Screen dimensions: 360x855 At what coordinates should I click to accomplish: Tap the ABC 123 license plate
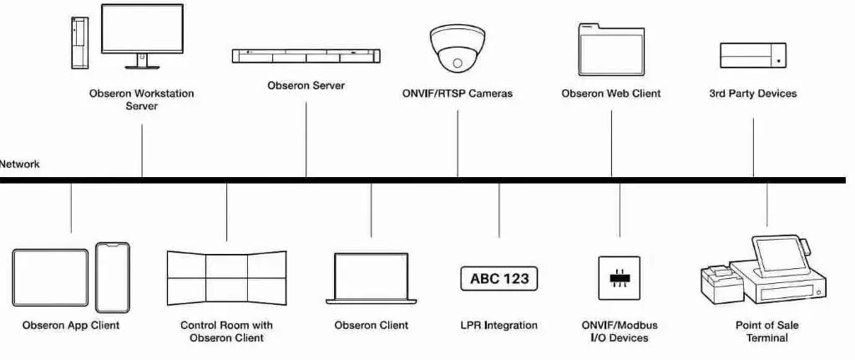click(x=499, y=279)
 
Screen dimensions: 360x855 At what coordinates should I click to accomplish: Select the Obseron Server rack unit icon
click(x=306, y=56)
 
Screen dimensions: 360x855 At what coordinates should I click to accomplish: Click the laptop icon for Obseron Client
click(x=372, y=278)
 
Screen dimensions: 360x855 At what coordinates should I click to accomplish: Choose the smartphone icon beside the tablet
click(x=112, y=277)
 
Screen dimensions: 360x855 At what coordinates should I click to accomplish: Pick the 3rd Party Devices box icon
click(x=753, y=55)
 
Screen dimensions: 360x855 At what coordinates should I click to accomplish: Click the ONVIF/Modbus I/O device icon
click(x=620, y=278)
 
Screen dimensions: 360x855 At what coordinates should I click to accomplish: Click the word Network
click(x=19, y=165)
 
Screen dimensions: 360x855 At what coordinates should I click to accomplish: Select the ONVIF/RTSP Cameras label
click(x=457, y=94)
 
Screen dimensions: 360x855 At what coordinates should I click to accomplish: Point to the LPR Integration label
click(x=499, y=325)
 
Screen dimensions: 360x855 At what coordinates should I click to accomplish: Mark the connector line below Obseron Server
click(x=306, y=138)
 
